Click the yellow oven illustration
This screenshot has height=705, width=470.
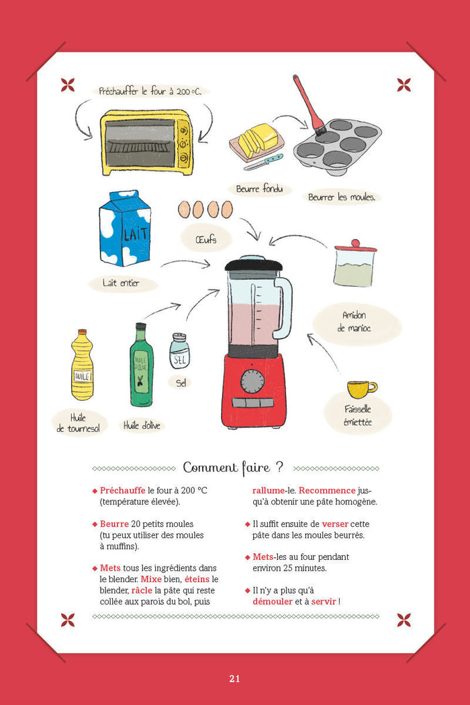[146, 142]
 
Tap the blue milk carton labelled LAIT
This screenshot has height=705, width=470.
[125, 228]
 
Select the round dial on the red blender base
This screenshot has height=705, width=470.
[252, 381]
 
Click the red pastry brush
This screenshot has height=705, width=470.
[310, 105]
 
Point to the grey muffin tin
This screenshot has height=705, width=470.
[337, 146]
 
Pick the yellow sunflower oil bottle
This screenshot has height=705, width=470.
[82, 365]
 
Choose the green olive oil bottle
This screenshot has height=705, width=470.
[141, 365]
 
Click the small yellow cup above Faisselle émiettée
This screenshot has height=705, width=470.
[362, 389]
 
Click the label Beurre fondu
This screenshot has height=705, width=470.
[260, 189]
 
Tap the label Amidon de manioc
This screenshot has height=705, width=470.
[355, 322]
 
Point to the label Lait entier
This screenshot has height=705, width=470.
[121, 283]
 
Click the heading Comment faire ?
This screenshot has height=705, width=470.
[234, 467]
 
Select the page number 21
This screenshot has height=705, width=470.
[235, 678]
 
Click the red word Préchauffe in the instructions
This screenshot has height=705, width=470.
[122, 491]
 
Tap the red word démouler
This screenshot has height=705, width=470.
[273, 601]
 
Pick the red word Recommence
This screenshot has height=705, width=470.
[327, 490]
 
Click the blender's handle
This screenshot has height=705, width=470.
[284, 308]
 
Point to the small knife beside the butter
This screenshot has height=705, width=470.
[264, 162]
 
